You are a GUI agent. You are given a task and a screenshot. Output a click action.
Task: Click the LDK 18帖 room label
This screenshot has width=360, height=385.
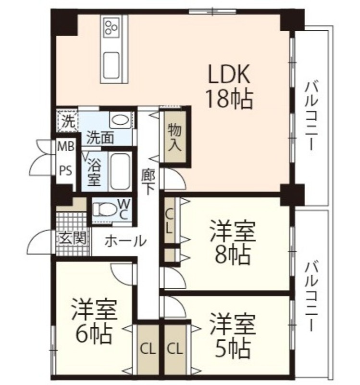click(230, 86)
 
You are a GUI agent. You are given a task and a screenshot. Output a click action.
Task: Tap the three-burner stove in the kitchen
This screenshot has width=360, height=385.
click(112, 27)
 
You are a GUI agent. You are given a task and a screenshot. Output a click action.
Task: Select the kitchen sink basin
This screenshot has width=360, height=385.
click(112, 65)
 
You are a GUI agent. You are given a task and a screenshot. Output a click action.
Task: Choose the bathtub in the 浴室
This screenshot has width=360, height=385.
click(120, 171)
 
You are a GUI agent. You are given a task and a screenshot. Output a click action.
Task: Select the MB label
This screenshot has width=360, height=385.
click(65, 147)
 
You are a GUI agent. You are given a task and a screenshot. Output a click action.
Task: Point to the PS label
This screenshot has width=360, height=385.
click(65, 170)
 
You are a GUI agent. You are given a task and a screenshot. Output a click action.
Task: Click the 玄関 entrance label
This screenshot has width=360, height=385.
click(73, 237)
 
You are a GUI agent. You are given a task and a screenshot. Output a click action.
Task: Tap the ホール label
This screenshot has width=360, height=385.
click(125, 241)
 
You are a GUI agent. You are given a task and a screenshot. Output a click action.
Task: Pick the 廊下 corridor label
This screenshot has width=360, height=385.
click(148, 181)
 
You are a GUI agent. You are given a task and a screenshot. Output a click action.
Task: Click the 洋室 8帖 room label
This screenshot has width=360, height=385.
click(233, 242)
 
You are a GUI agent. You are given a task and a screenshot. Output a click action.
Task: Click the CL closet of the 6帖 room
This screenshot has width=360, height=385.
click(148, 349)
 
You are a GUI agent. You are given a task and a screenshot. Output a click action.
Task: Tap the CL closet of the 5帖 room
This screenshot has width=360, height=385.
click(175, 349)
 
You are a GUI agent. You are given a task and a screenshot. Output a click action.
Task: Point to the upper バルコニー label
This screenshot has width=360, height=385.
click(311, 116)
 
